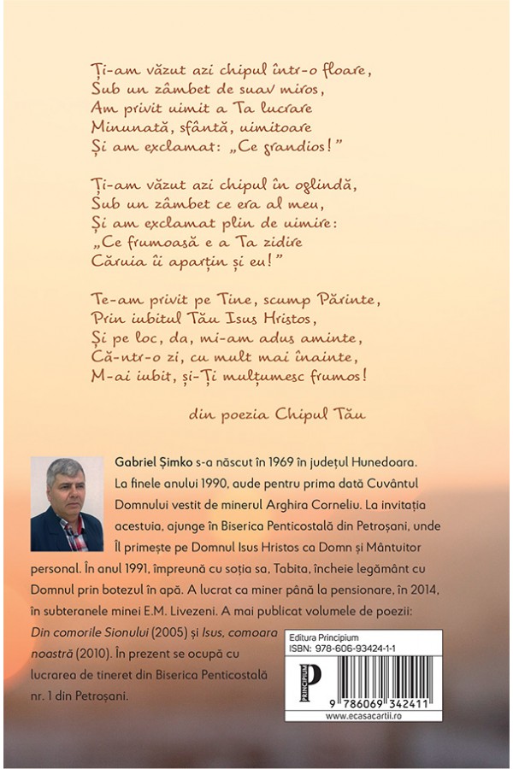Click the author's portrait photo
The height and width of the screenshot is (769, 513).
(x=67, y=504)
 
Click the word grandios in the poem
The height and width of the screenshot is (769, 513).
(x=298, y=148)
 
